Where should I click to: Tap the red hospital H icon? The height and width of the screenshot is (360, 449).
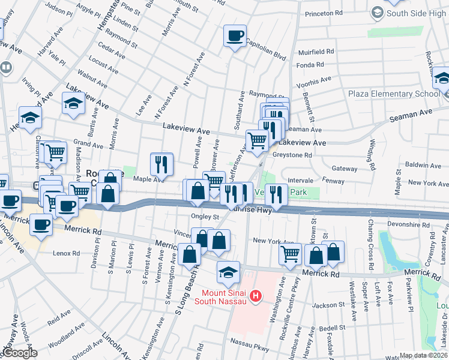(256, 296)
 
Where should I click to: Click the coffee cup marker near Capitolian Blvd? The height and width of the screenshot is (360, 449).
(235, 36)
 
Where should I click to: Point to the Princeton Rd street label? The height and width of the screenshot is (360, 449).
(324, 13)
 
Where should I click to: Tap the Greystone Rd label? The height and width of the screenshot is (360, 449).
(292, 155)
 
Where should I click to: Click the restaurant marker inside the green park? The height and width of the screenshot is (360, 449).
(276, 193)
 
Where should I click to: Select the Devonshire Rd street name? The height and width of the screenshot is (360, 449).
(409, 224)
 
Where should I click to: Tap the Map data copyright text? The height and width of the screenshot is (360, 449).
(424, 355)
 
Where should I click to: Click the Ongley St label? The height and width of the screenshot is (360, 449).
(205, 217)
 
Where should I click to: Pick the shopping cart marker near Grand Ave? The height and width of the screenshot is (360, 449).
(55, 152)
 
